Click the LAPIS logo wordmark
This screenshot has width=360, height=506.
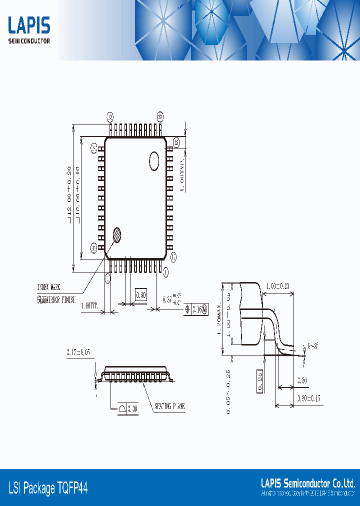coord(29,25)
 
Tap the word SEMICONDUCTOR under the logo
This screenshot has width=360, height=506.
coord(29,41)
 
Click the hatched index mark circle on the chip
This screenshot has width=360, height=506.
coord(117,234)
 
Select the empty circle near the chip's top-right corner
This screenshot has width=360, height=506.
coord(154,161)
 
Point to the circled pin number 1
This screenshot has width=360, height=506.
coord(166,271)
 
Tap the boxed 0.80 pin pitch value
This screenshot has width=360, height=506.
coord(141,295)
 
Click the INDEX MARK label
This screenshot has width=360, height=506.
coord(48,287)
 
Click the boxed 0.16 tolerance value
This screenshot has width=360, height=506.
coord(199,310)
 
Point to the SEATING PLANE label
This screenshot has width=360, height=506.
coord(169,407)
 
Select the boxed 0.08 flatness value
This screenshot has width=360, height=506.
coord(133,408)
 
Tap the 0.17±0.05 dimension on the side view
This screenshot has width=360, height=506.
coord(78,352)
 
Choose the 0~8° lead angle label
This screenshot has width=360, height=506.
coord(312,345)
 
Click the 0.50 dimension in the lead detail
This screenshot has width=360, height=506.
coord(302,381)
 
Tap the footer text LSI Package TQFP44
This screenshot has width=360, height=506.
coord(48,487)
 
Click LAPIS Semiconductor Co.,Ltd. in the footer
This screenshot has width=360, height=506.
coord(308,483)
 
